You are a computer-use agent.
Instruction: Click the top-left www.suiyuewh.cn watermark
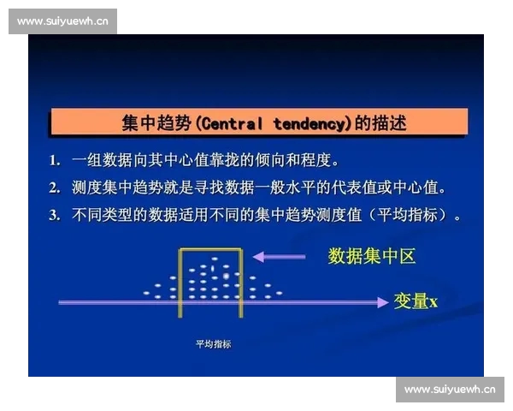click(62, 21)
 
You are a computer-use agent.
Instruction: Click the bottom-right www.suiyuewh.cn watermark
click(450, 390)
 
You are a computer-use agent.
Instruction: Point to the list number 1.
click(54, 160)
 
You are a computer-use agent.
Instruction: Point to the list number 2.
click(54, 188)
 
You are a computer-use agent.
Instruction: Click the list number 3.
click(54, 215)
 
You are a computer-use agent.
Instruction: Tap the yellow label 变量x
click(416, 301)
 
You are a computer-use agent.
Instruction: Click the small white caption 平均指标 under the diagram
click(213, 344)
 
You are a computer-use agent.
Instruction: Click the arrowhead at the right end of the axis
click(381, 301)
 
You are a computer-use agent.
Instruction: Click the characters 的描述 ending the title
click(380, 123)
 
